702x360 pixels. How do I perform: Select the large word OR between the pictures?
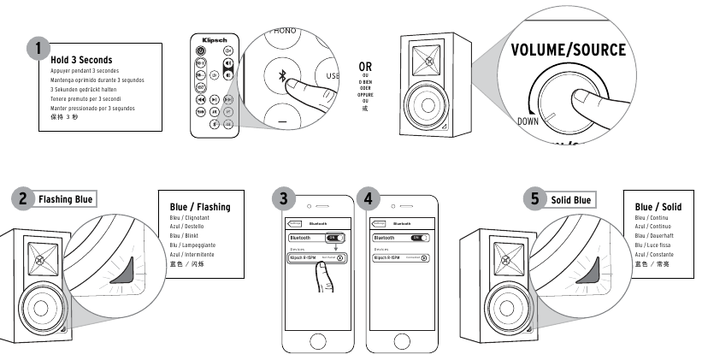[366, 66]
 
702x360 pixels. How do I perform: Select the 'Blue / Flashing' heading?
[200, 206]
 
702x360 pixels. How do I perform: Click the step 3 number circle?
[284, 199]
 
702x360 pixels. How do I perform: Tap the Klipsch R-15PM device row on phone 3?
[316, 257]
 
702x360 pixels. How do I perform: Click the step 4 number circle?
[368, 199]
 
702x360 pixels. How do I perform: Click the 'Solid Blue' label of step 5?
[570, 199]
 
